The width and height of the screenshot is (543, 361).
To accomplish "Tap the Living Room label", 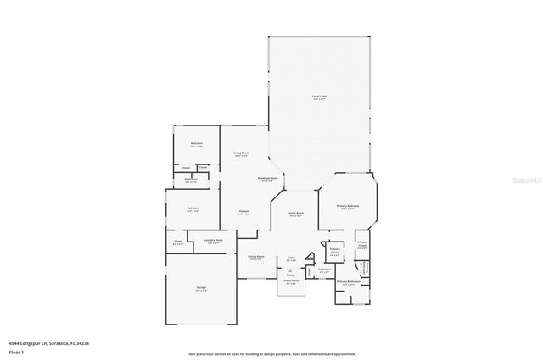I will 241,153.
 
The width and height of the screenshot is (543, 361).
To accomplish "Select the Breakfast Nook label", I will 268,179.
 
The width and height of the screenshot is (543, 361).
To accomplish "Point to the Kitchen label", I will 244,212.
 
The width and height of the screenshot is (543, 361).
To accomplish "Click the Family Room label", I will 296,214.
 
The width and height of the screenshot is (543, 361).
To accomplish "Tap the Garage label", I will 201,289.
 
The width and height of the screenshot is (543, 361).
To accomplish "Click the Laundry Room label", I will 214,242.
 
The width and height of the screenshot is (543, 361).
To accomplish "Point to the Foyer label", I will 290,258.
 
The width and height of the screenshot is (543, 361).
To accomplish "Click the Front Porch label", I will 290,282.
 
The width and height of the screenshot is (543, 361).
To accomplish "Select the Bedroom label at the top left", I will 196,145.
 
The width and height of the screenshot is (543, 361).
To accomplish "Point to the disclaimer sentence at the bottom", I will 271,353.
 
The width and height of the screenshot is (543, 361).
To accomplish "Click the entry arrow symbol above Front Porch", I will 290,267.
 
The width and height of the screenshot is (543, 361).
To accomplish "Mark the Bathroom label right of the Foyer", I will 324,269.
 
